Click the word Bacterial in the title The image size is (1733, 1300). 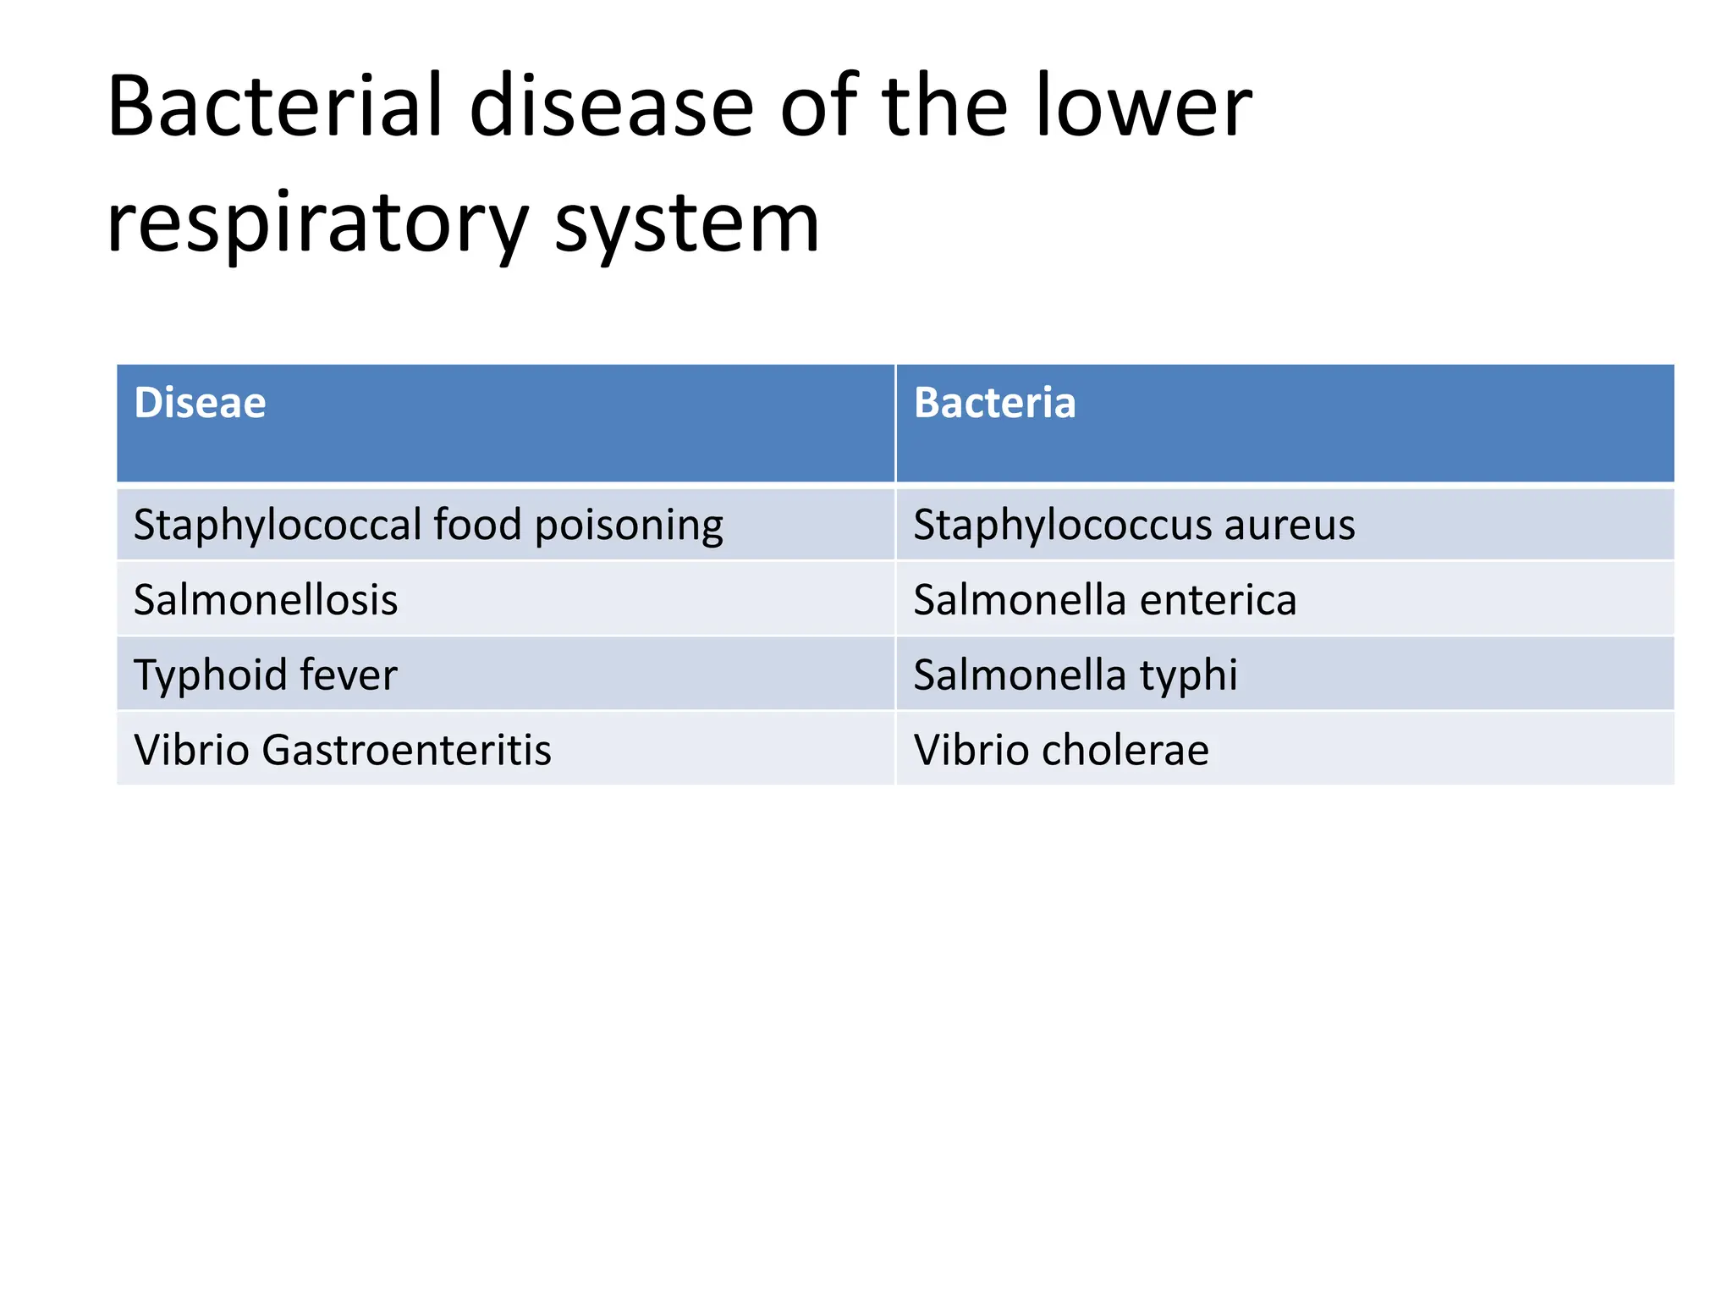pos(275,107)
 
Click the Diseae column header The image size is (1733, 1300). pos(201,403)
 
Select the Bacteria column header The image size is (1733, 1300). pos(994,403)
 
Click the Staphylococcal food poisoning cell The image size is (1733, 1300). pos(428,525)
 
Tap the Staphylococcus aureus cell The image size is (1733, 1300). pos(1134,525)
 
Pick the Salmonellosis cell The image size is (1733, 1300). pos(266,600)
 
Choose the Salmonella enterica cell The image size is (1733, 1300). pos(1104,600)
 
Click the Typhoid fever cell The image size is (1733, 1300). pos(266,675)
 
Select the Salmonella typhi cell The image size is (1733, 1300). pos(1075,675)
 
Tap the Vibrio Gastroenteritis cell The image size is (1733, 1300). pos(343,750)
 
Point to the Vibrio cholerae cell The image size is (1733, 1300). pos(1061,750)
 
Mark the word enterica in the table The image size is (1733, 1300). pos(1218,600)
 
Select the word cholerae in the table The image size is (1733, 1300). pos(1125,750)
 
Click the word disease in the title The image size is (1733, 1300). pos(611,107)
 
